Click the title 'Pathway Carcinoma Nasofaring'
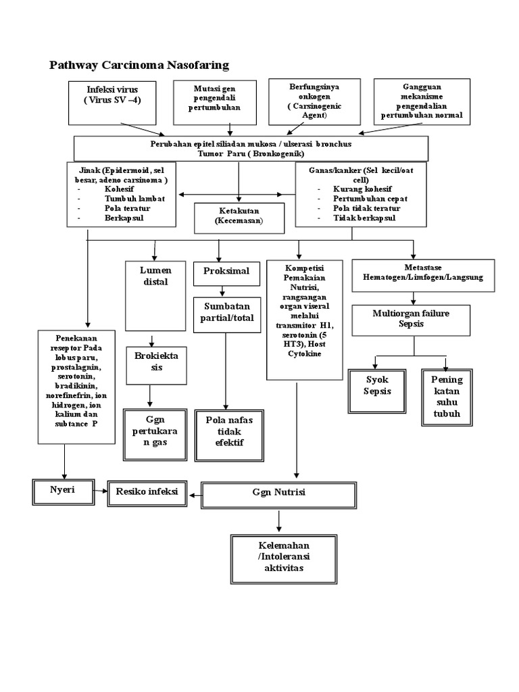tap(139, 65)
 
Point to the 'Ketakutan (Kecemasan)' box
tap(239, 216)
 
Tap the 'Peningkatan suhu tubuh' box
tap(447, 396)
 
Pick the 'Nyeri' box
tap(61, 492)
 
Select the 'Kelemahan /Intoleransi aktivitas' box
tap(278, 557)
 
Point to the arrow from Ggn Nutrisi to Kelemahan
tap(278, 520)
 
